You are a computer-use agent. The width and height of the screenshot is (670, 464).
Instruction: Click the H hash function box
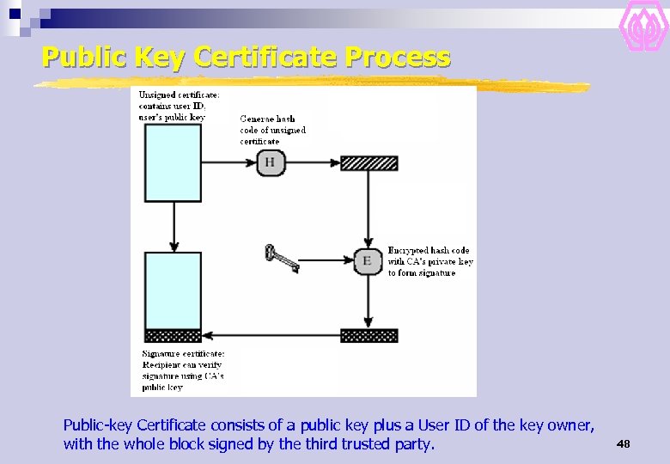tap(271, 162)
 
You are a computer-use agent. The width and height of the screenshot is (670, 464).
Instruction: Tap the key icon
tap(281, 258)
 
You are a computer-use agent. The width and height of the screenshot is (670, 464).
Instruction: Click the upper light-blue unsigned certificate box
tap(174, 163)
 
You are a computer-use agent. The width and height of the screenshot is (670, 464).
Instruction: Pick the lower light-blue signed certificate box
tap(174, 290)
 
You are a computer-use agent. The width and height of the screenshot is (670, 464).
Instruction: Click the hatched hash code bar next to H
tap(368, 163)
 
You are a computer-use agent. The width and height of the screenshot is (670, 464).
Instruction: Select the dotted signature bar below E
tap(368, 335)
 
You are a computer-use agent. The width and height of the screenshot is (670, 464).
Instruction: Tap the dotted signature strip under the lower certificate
tap(174, 335)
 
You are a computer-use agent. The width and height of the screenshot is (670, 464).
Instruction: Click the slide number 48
tap(623, 443)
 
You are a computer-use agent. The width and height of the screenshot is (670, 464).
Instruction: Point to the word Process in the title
tap(397, 58)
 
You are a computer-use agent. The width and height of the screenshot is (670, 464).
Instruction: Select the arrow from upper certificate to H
tap(229, 162)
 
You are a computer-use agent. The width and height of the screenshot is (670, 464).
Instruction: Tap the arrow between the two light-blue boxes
tap(174, 226)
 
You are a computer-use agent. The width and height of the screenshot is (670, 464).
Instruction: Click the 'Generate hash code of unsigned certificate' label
tap(272, 130)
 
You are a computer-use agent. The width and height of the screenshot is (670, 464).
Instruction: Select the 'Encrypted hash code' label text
tap(429, 261)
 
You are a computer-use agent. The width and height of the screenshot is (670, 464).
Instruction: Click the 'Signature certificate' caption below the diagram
tap(182, 370)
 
